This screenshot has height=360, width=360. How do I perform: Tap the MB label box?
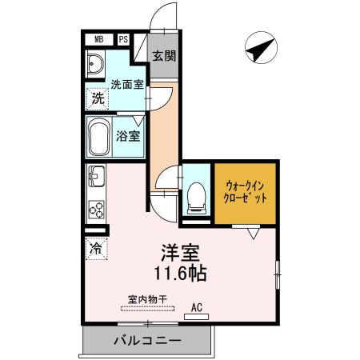pos(98,38)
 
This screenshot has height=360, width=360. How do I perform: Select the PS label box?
pos(124,38)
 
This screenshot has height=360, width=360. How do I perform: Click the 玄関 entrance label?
pos(164,56)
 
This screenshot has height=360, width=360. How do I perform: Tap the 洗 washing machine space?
pos(96,99)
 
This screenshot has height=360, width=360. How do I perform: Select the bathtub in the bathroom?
pos(101,138)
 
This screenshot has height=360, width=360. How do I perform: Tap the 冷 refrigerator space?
pos(95,248)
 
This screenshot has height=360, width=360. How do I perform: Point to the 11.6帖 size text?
pos(182,273)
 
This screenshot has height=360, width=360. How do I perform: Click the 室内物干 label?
pos(146,299)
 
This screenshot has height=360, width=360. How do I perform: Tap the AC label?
pos(195,306)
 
